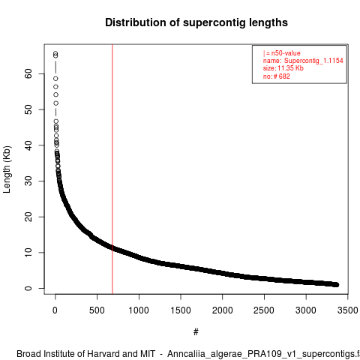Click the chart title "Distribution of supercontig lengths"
point(196,22)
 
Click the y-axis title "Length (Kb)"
point(7,169)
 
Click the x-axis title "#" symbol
point(196,332)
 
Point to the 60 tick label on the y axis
point(28,73)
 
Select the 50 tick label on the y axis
point(28,109)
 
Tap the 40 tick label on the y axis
point(28,145)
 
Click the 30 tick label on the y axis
point(28,181)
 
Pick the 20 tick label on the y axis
point(28,217)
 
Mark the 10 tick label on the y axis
point(28,253)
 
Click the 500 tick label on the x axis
point(97,310)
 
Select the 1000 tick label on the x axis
point(139,310)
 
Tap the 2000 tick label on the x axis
point(222,310)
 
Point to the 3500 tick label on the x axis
point(347,310)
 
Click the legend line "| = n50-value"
point(281,53)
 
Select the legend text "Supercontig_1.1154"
point(313,61)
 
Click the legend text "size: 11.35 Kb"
point(283,68)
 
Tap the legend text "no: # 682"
point(276,76)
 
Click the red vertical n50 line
point(112,169)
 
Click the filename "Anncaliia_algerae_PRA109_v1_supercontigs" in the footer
point(260,355)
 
